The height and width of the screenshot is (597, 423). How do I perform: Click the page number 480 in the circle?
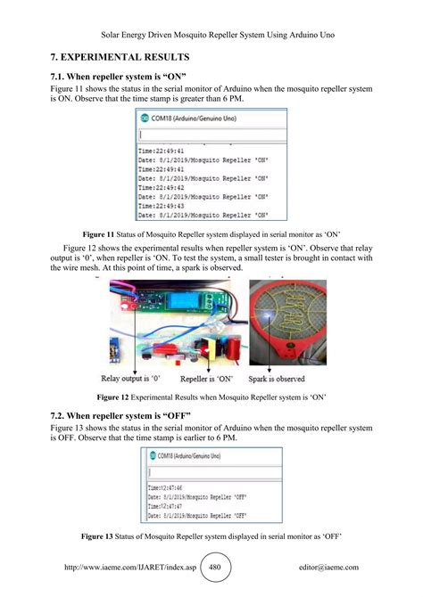coord(213,566)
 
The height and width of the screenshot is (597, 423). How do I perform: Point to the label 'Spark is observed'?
coord(284,377)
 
